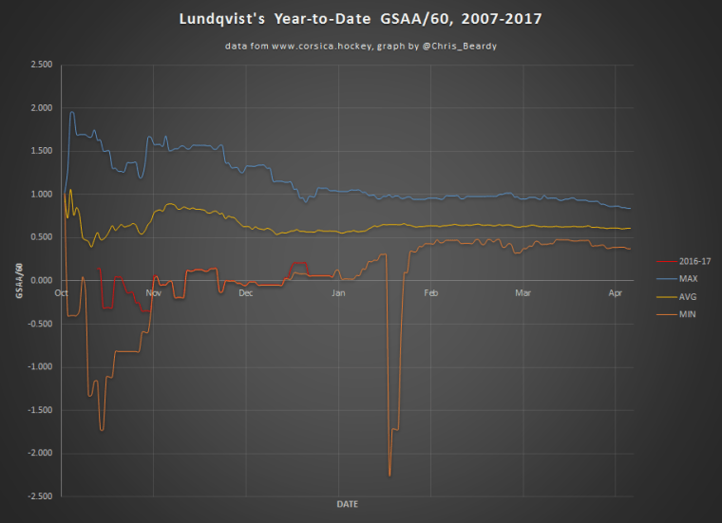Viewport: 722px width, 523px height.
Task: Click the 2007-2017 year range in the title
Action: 502,19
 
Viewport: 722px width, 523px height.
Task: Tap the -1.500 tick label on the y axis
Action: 38,410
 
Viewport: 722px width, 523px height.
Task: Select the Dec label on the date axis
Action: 246,292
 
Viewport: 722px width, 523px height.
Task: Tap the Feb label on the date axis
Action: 430,292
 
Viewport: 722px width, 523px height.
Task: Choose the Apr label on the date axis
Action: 615,292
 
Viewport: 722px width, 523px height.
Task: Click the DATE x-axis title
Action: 347,504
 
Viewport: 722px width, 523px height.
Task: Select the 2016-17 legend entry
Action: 689,261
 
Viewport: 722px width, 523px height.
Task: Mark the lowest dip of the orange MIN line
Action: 389,475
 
